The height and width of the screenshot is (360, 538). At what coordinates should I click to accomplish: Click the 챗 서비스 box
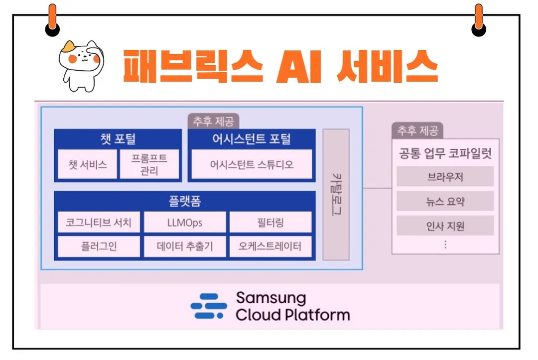pyautogui.click(x=88, y=164)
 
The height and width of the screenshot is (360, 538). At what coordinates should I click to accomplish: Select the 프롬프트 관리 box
pyautogui.click(x=149, y=164)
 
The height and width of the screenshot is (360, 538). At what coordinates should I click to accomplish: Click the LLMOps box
pyautogui.click(x=185, y=222)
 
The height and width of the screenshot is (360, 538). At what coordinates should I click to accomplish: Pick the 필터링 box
pyautogui.click(x=271, y=222)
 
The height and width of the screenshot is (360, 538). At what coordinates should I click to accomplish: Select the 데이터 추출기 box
pyautogui.click(x=185, y=246)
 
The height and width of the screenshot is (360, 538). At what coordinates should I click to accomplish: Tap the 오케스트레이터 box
pyautogui.click(x=271, y=246)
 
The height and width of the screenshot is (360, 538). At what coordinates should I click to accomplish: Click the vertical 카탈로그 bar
pyautogui.click(x=336, y=194)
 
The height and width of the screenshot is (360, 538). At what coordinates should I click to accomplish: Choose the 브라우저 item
pyautogui.click(x=445, y=177)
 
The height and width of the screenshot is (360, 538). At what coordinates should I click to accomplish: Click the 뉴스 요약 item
pyautogui.click(x=445, y=202)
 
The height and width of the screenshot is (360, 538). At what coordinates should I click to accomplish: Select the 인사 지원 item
pyautogui.click(x=445, y=226)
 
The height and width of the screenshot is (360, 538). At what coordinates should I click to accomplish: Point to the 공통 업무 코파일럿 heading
pyautogui.click(x=445, y=153)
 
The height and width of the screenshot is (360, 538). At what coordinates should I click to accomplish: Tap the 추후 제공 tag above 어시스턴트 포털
pyautogui.click(x=214, y=121)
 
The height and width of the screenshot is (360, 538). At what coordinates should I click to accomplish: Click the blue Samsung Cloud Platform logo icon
pyautogui.click(x=209, y=306)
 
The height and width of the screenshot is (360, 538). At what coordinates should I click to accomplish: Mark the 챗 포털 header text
pyautogui.click(x=118, y=139)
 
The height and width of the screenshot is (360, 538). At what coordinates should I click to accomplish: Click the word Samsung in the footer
pyautogui.click(x=271, y=298)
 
